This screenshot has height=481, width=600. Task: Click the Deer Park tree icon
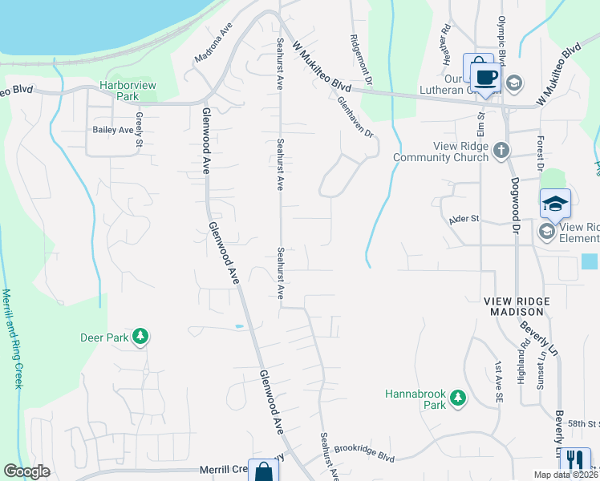tap(140, 337)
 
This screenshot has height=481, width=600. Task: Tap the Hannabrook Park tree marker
tap(457, 398)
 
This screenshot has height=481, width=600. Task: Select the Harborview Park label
tap(120, 90)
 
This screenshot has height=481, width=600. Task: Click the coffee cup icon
tap(485, 77)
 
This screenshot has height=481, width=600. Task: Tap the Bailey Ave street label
tap(112, 130)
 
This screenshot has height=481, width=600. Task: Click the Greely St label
tap(139, 132)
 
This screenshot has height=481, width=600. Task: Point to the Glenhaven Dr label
tap(356, 116)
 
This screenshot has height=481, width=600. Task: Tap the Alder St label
tap(464, 218)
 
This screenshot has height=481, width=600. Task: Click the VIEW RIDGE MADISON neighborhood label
tap(517, 306)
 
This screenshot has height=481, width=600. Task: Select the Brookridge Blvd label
tap(364, 453)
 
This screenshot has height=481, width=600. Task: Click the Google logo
tap(26, 471)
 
